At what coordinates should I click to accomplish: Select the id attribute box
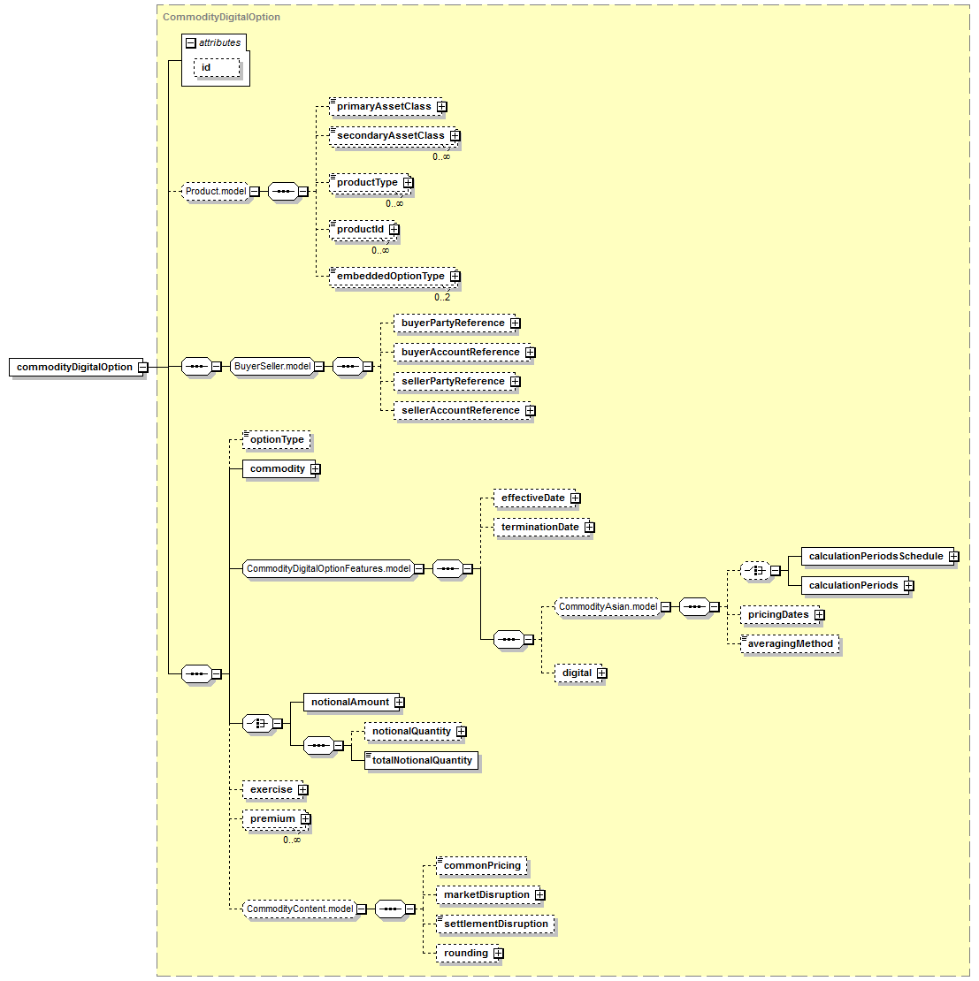pos(217,67)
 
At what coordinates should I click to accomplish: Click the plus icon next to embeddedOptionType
pos(455,276)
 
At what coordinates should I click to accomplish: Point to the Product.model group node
pos(216,192)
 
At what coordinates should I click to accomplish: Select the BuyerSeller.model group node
pos(272,366)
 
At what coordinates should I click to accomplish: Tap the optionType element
pos(277,440)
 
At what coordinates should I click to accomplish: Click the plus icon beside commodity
pos(316,468)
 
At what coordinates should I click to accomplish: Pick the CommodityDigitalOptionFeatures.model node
pos(329,568)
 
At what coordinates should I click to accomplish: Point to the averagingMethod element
pos(790,643)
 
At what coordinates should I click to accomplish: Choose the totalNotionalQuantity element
pos(421,761)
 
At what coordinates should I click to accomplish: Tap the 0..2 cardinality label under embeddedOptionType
pos(442,298)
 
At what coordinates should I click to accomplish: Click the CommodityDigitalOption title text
pos(222,17)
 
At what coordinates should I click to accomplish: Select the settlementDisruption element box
pos(496,924)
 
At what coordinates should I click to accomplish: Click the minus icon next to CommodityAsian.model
pos(666,607)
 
